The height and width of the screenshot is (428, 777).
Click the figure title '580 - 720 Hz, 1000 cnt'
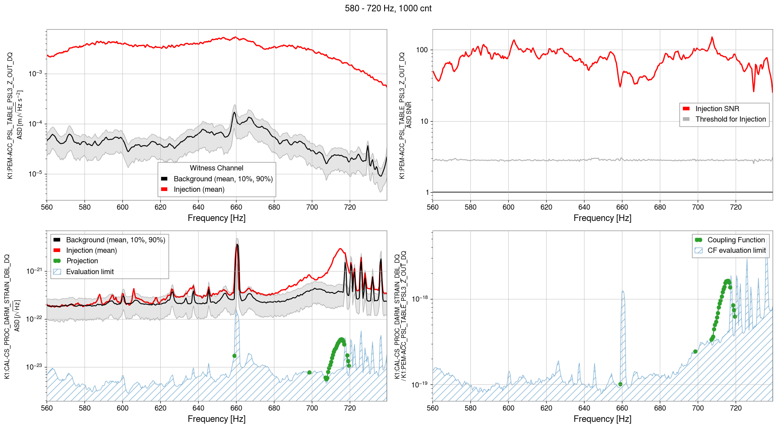point(388,8)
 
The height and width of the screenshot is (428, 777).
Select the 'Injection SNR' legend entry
point(717,109)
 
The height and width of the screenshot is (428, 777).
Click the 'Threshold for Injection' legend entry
point(730,119)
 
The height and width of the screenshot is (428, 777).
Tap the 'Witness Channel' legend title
point(216,168)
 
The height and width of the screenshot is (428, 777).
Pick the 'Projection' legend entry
point(82,261)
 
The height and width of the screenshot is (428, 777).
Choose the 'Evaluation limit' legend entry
point(90,272)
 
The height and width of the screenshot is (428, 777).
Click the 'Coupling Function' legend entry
point(736,240)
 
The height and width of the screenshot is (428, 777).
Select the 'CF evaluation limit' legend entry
point(736,251)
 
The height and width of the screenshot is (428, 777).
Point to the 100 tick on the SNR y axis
point(422,50)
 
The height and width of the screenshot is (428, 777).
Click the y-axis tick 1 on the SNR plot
point(427,192)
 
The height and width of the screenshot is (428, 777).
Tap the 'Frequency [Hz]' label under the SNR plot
point(602,218)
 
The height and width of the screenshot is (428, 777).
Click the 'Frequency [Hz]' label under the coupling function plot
point(602,419)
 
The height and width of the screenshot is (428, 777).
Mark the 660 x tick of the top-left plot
point(236,207)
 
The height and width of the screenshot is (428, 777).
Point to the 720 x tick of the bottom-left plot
point(350,408)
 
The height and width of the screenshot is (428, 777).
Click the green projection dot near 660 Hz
point(234,356)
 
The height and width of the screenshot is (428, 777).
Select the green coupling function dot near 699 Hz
point(695,352)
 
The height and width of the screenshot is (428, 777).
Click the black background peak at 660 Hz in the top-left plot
point(234,113)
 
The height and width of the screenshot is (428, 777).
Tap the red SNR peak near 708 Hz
point(712,37)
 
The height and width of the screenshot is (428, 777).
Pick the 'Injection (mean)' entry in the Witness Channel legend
point(199,190)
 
